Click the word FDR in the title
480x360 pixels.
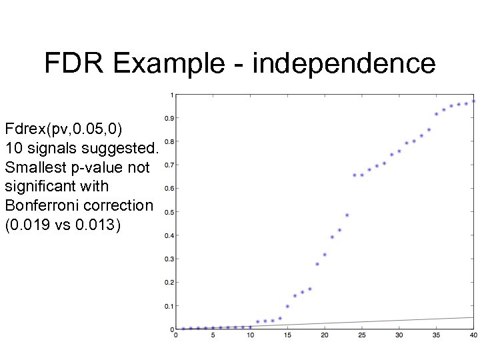pyautogui.click(x=75, y=63)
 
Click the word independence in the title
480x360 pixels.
pyautogui.click(x=344, y=63)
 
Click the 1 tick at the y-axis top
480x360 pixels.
pyautogui.click(x=172, y=95)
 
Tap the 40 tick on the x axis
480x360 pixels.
pyautogui.click(x=473, y=335)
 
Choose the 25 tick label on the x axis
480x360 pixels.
pyautogui.click(x=361, y=335)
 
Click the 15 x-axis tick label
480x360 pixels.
pyautogui.click(x=287, y=335)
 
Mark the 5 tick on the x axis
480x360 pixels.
pyautogui.click(x=213, y=335)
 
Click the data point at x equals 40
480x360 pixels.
pyautogui.click(x=473, y=101)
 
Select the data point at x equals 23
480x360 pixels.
pyautogui.click(x=347, y=215)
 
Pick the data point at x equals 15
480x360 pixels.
pyautogui.click(x=287, y=307)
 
